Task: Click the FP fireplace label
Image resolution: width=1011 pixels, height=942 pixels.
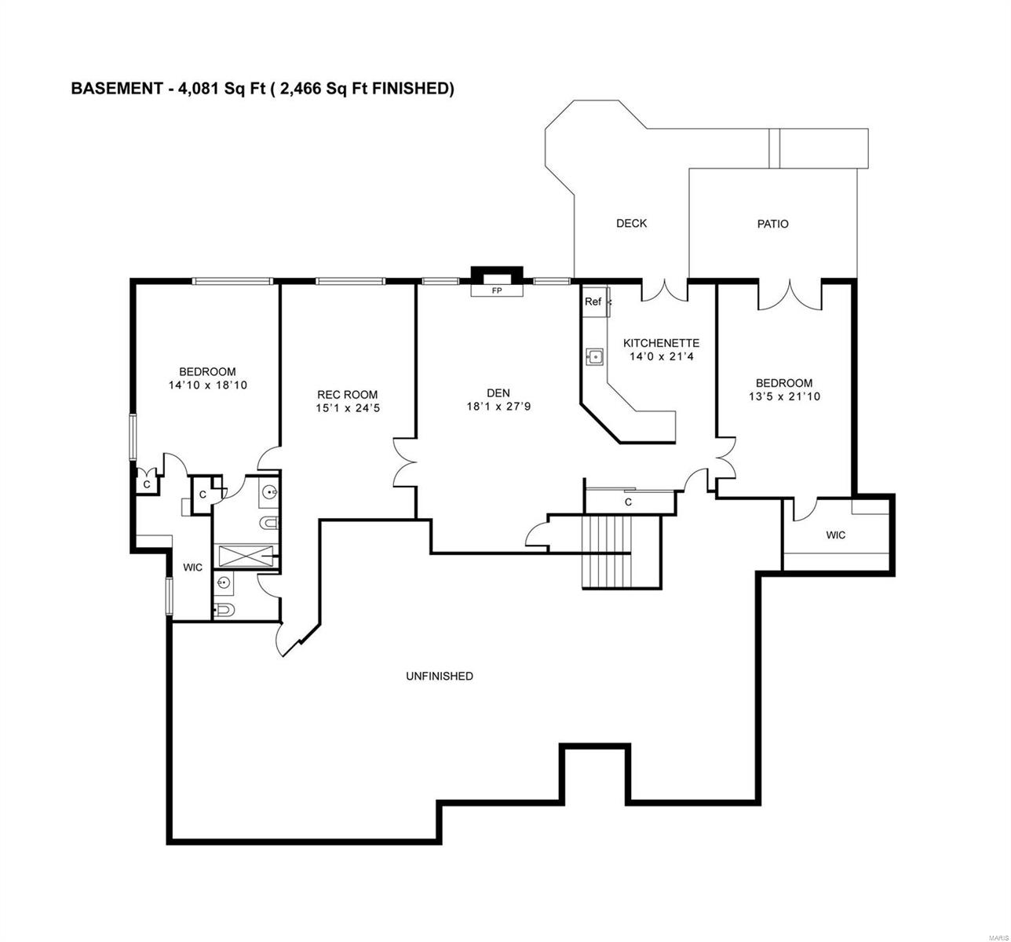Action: pyautogui.click(x=496, y=290)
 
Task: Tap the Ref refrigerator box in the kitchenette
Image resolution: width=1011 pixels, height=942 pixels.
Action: pyautogui.click(x=593, y=302)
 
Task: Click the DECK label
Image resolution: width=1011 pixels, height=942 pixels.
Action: pyautogui.click(x=631, y=224)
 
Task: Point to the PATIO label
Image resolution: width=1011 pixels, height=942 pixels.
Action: pyautogui.click(x=772, y=224)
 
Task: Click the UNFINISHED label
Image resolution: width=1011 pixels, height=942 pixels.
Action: pyautogui.click(x=439, y=676)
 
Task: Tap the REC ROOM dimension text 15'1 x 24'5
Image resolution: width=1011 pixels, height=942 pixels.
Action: pyautogui.click(x=347, y=408)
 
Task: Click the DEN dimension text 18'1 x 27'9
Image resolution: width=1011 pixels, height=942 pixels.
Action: pyautogui.click(x=498, y=407)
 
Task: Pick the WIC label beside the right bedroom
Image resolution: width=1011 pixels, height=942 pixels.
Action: pyautogui.click(x=836, y=535)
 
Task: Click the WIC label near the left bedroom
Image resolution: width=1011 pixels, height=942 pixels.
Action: pyautogui.click(x=193, y=567)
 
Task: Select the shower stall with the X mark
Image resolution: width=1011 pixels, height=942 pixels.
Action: pyautogui.click(x=246, y=557)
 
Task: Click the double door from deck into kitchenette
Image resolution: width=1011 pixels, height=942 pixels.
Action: pyautogui.click(x=664, y=290)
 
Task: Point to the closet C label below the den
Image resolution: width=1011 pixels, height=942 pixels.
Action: pyautogui.click(x=628, y=502)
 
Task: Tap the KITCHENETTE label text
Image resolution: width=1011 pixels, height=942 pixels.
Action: pyautogui.click(x=661, y=343)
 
